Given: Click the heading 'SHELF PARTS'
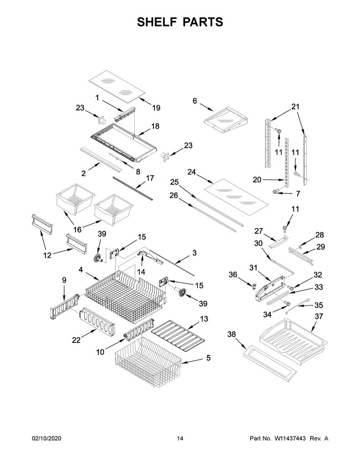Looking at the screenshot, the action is [x=180, y=22].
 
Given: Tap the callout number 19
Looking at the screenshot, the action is [x=157, y=108].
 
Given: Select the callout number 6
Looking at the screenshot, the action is [x=195, y=101].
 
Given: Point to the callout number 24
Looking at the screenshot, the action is [x=192, y=172].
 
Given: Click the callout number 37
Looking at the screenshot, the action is [x=319, y=317].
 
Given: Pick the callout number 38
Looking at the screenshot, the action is [x=232, y=334].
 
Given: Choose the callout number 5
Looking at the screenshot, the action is [x=208, y=358].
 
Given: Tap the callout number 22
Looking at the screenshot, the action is [x=76, y=340].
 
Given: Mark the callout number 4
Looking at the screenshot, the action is [x=81, y=270].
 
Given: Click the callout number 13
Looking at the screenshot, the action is [x=204, y=319].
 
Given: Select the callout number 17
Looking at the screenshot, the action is [x=150, y=178].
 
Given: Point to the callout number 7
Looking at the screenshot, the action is [x=298, y=194].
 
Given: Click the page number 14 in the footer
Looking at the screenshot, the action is [x=180, y=438].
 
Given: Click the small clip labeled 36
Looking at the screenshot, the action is [x=254, y=286].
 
